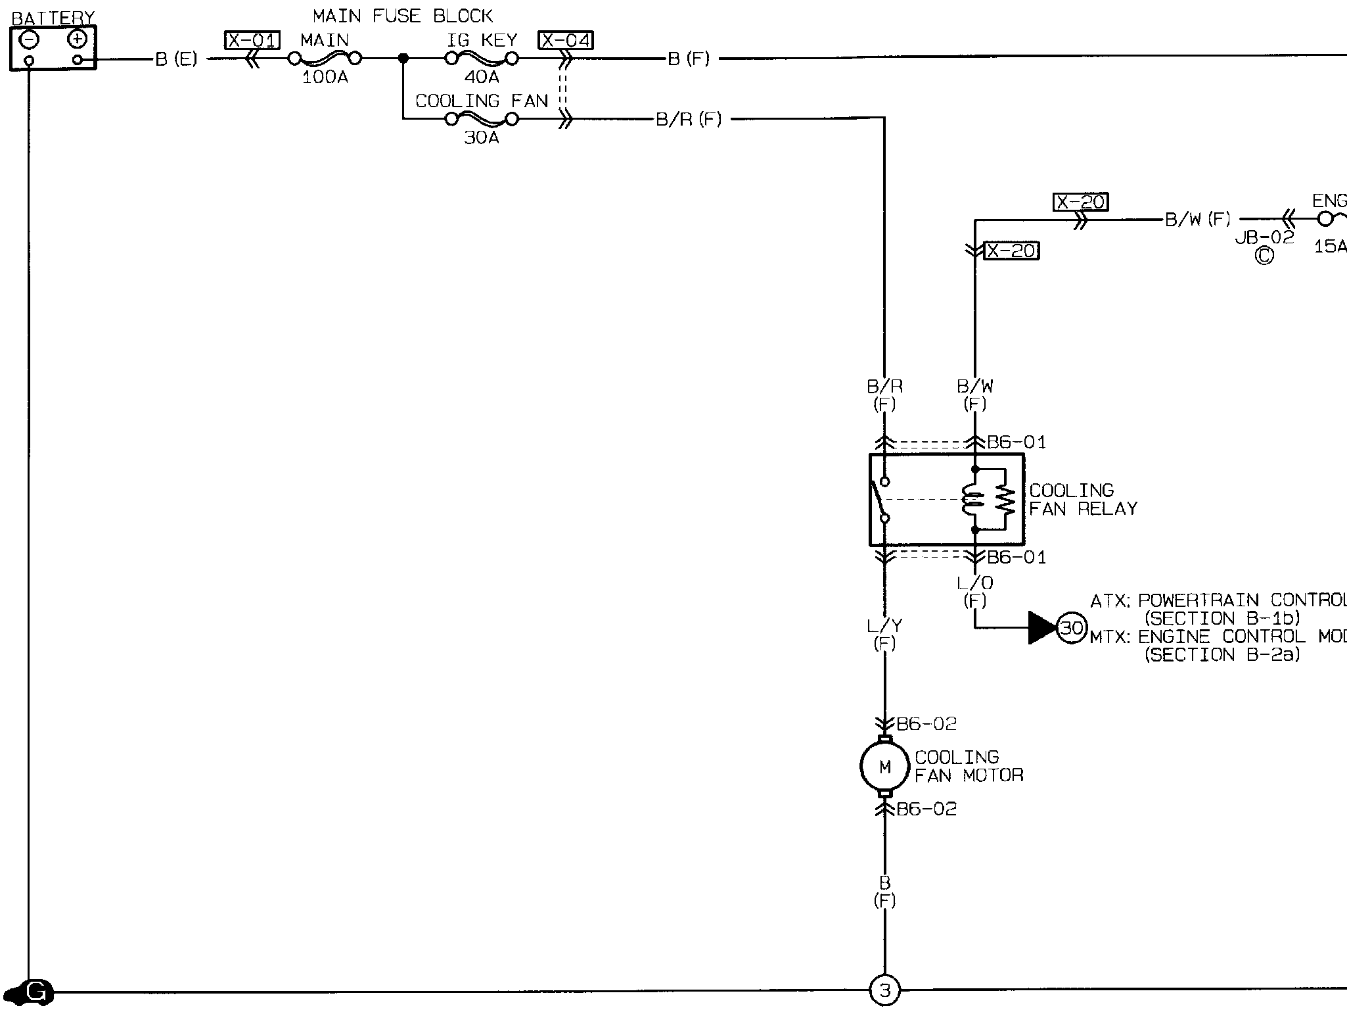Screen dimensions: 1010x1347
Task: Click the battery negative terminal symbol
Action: (29, 39)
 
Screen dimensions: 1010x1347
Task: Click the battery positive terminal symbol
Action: (78, 39)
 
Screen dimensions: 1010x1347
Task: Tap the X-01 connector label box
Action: (252, 41)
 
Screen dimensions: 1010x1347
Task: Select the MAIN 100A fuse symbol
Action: (325, 59)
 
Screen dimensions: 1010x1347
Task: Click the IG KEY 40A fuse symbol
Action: (482, 59)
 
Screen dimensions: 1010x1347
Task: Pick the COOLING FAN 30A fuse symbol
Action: (482, 119)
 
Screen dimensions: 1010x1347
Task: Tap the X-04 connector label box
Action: (565, 41)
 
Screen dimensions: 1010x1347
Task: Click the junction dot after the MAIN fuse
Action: (403, 59)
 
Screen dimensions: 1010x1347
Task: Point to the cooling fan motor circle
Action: (884, 767)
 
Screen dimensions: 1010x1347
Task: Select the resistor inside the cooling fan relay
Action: (1005, 500)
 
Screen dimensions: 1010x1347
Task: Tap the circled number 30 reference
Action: (1072, 628)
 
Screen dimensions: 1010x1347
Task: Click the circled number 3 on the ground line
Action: (884, 990)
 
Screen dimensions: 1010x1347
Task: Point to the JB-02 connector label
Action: (1264, 237)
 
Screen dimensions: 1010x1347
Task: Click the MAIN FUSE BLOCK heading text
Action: (403, 16)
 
